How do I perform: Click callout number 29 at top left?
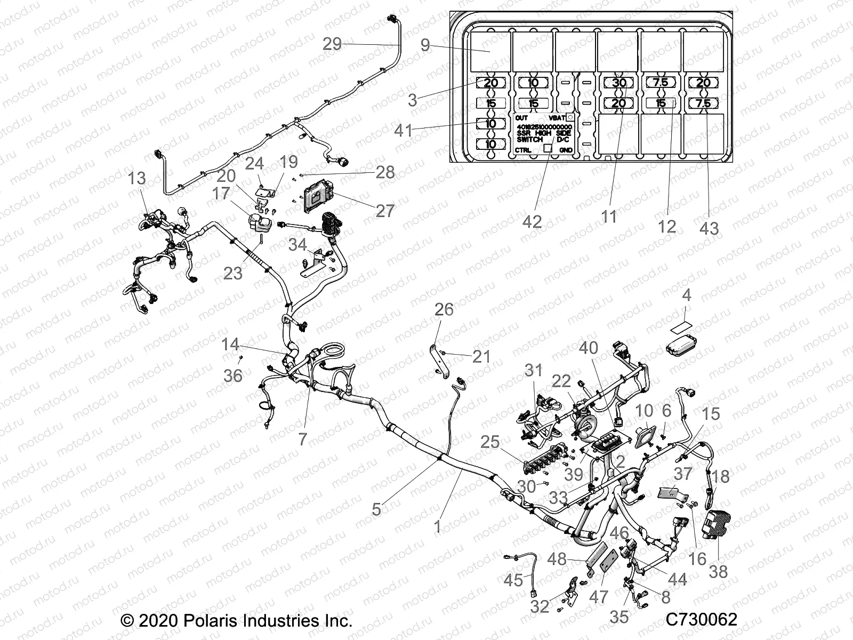pyautogui.click(x=332, y=44)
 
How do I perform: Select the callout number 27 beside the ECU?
pyautogui.click(x=384, y=210)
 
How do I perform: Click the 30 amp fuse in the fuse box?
pyautogui.click(x=618, y=83)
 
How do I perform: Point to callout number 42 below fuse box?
pyautogui.click(x=532, y=221)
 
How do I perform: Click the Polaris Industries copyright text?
pyautogui.click(x=237, y=621)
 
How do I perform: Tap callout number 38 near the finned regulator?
pyautogui.click(x=718, y=571)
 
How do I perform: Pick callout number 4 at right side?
pyautogui.click(x=687, y=295)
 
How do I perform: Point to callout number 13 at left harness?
pyautogui.click(x=137, y=178)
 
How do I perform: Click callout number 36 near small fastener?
pyautogui.click(x=232, y=375)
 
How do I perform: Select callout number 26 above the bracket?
pyautogui.click(x=444, y=309)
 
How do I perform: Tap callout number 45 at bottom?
pyautogui.click(x=513, y=580)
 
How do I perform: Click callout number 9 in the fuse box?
pyautogui.click(x=425, y=45)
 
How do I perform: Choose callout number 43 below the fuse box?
pyautogui.click(x=709, y=228)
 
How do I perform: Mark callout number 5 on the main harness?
pyautogui.click(x=376, y=509)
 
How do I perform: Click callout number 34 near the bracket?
pyautogui.click(x=297, y=245)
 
